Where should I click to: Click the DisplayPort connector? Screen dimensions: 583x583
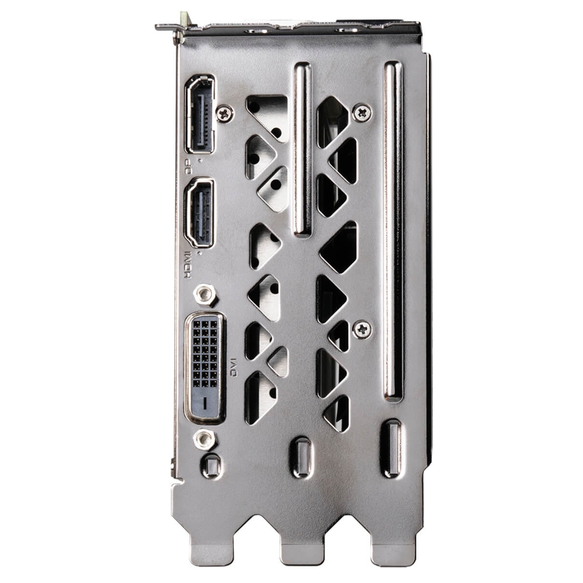pos(200,114)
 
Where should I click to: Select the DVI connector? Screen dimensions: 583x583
pos(205,368)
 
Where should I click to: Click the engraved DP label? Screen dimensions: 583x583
pos(188,167)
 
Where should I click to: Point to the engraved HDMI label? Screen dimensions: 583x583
pos(188,265)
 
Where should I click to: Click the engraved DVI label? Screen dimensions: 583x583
pos(233,368)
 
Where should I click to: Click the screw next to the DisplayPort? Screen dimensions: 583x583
pos(224,113)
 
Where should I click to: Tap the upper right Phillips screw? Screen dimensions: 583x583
pos(361,112)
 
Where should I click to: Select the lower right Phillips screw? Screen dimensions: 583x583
pos(361,329)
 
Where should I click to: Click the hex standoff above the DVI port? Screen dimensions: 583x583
pos(204,294)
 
